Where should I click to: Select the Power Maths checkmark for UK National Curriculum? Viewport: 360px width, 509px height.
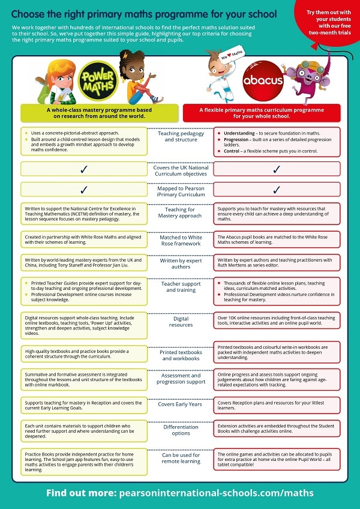point(83,169)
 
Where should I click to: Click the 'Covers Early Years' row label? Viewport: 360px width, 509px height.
point(181,404)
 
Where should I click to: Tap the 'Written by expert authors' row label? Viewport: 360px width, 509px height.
point(181,264)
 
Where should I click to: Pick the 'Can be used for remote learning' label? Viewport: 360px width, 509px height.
point(181,459)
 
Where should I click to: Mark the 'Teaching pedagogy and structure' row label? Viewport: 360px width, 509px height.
point(181,136)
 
